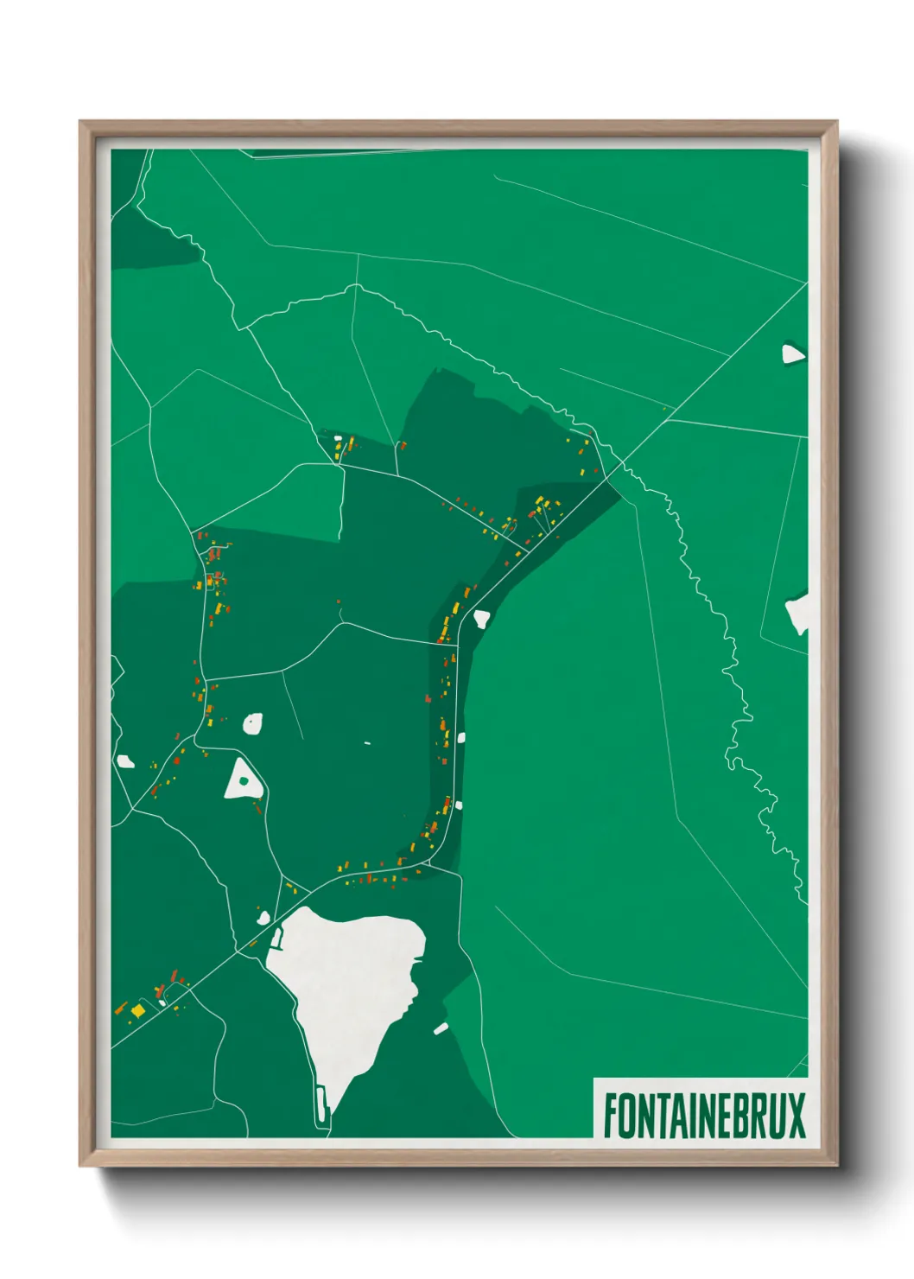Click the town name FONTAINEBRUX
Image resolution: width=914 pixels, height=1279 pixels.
click(x=703, y=1116)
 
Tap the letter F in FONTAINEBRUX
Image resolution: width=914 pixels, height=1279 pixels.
click(x=611, y=1116)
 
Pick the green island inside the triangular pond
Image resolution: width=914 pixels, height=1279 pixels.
click(x=244, y=781)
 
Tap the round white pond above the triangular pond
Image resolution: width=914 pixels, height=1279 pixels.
click(x=252, y=723)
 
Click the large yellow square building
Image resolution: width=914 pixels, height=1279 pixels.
click(x=138, y=1009)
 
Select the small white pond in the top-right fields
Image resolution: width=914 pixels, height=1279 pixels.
click(x=792, y=353)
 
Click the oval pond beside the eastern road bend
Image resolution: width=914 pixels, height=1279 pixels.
click(x=481, y=619)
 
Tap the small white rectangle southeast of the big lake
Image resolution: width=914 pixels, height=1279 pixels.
click(x=441, y=1028)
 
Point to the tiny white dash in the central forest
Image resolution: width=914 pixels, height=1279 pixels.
click(x=367, y=743)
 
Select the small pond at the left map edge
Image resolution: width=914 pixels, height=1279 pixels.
click(x=125, y=761)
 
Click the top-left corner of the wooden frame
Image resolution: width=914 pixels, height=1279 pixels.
click(x=80, y=122)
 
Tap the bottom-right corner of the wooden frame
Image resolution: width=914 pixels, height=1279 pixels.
click(x=836, y=1165)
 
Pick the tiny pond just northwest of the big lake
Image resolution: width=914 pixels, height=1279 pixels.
click(x=263, y=917)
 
